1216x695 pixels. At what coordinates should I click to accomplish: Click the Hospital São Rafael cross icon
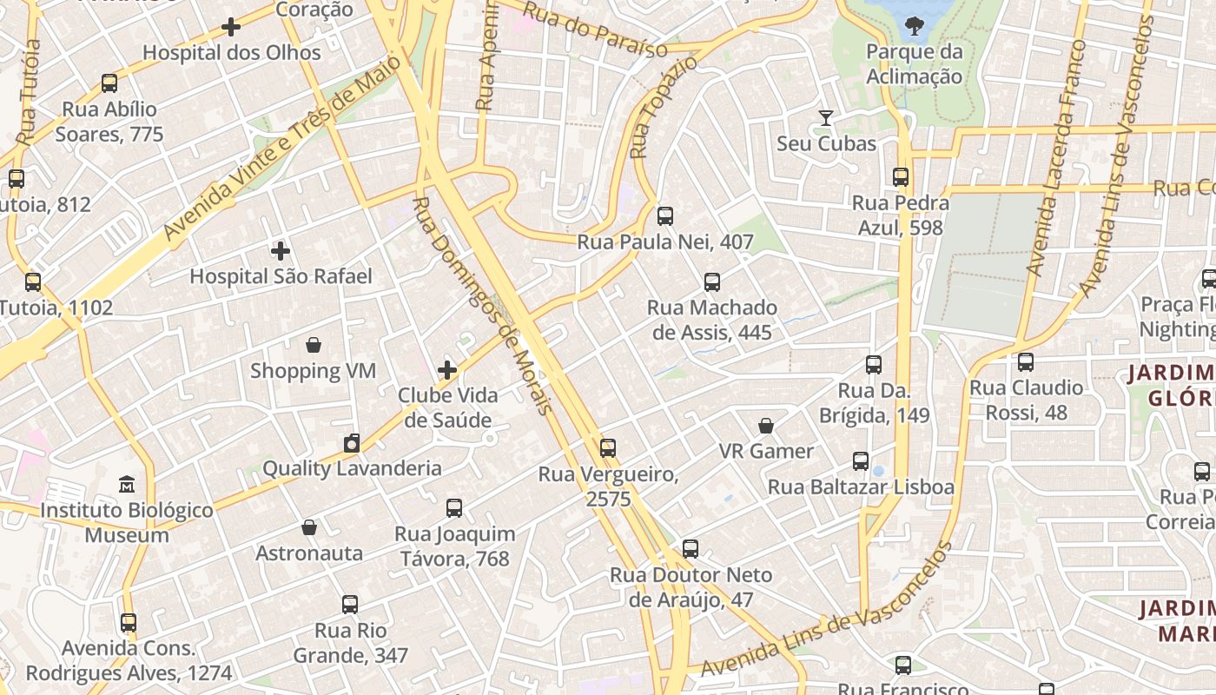[280, 251]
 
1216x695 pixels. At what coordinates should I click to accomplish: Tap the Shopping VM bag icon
[314, 345]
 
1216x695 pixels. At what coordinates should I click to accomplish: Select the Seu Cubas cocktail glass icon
[826, 117]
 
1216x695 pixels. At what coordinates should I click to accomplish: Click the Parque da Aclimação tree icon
[914, 26]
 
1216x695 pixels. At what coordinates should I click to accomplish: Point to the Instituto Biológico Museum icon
[127, 484]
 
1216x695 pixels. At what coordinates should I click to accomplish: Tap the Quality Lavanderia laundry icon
[351, 443]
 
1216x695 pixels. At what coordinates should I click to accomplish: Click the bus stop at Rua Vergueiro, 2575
[608, 448]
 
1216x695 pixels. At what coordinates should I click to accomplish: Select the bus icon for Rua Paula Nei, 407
[665, 216]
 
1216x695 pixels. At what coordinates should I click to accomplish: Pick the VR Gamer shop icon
[766, 426]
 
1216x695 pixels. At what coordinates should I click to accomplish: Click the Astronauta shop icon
[308, 527]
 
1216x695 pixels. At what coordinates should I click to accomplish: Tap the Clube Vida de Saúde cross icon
[447, 370]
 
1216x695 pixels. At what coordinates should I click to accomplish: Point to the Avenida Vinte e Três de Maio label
[283, 148]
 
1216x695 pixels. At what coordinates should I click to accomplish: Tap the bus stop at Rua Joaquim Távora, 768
[454, 508]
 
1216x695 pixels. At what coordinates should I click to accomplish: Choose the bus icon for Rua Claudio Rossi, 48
[1026, 362]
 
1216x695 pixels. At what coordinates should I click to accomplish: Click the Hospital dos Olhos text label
[232, 52]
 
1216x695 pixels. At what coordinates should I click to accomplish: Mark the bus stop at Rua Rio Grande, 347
[350, 605]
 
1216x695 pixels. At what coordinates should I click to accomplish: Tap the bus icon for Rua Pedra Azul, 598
[901, 177]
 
